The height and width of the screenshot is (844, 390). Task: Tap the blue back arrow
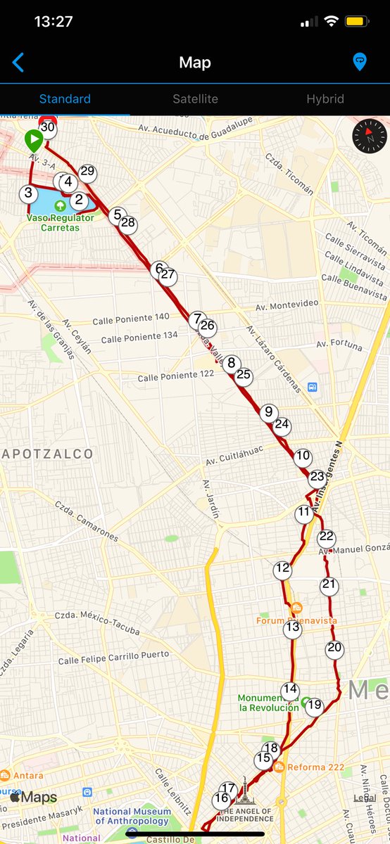click(x=18, y=63)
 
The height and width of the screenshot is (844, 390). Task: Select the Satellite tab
click(x=195, y=99)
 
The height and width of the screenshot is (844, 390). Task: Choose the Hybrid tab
click(x=325, y=99)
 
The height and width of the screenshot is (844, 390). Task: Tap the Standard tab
click(x=65, y=99)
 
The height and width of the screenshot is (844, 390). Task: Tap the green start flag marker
click(x=33, y=139)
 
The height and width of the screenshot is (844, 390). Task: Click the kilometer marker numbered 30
click(x=48, y=127)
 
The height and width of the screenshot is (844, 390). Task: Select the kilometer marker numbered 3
click(x=28, y=193)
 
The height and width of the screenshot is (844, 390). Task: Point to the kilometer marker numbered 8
click(x=231, y=364)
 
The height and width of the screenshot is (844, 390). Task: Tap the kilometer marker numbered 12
click(x=282, y=568)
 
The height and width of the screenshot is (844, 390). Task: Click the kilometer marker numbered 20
click(x=334, y=648)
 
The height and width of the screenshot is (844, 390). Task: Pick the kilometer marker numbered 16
click(x=222, y=798)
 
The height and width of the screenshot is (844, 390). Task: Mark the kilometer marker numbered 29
click(x=87, y=171)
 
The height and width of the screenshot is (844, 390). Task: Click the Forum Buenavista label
click(x=296, y=620)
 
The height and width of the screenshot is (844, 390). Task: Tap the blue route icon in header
click(x=359, y=63)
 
